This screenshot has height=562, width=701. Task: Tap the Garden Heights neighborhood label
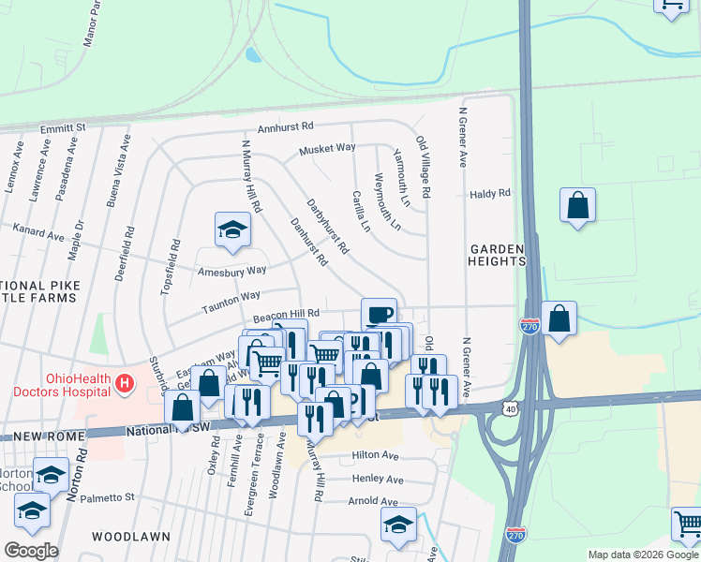click(498, 255)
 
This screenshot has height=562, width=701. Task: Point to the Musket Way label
click(327, 149)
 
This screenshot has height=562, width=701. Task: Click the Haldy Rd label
click(490, 194)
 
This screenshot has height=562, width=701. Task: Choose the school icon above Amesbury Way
click(232, 229)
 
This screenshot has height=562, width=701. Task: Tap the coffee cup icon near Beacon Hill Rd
click(379, 314)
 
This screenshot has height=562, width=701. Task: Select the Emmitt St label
click(63, 126)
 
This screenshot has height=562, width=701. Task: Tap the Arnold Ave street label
click(374, 502)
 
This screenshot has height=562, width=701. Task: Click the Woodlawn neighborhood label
click(130, 537)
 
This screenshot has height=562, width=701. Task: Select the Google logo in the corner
click(31, 551)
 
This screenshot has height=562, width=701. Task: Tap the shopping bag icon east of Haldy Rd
click(577, 205)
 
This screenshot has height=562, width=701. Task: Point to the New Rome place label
click(40, 437)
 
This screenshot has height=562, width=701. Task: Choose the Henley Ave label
click(377, 480)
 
